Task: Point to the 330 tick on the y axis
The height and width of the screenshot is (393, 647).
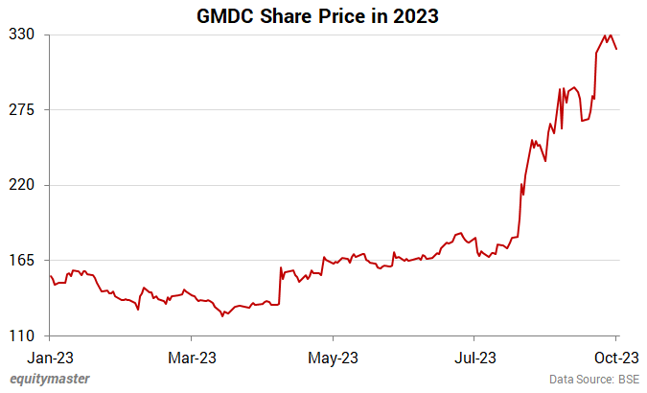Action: click(23, 35)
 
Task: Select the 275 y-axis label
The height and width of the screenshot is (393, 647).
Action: click(23, 110)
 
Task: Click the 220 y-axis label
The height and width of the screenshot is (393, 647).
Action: click(23, 185)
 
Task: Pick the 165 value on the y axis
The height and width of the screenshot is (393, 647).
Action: click(23, 261)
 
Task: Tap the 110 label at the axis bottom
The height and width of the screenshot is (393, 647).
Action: click(23, 335)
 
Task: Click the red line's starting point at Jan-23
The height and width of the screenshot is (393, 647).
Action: click(50, 276)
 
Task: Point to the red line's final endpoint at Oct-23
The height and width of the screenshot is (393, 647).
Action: click(616, 49)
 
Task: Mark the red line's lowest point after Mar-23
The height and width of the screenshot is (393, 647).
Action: click(222, 316)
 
